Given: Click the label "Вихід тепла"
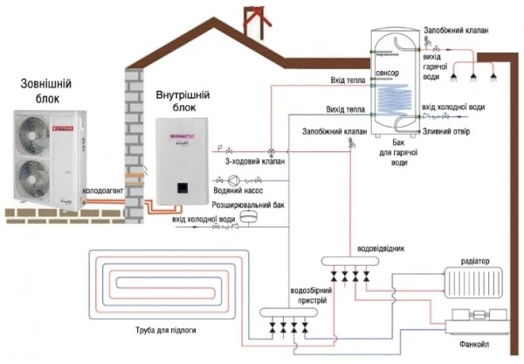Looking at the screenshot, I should pyautogui.click(x=321, y=111).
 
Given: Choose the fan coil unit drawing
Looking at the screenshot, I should pyautogui.click(x=475, y=319).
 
